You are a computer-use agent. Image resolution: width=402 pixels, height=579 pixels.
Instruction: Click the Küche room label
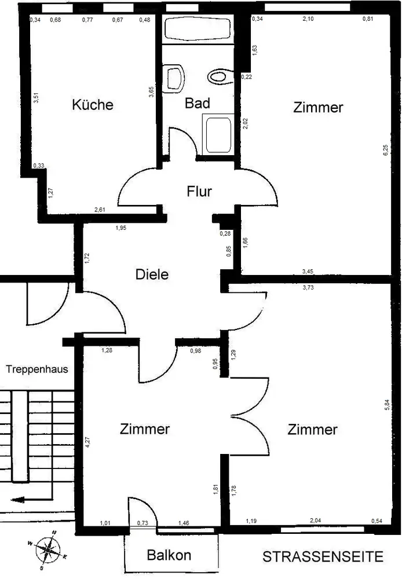point(92,105)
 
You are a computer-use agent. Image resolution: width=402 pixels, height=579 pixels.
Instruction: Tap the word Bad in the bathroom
point(197,104)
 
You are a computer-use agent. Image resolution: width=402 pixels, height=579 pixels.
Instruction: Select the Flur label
point(199,192)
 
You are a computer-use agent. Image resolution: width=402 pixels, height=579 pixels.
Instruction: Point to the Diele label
point(152,274)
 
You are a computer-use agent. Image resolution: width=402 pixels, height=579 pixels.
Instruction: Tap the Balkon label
point(169,555)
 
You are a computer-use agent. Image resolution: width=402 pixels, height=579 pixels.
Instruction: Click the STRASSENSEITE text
point(323,557)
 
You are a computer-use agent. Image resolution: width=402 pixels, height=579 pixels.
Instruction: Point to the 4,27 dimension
point(88,443)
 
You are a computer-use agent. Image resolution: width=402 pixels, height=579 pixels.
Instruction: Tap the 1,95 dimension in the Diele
point(120,228)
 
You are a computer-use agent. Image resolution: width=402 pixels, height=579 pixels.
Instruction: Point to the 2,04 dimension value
point(315,521)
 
